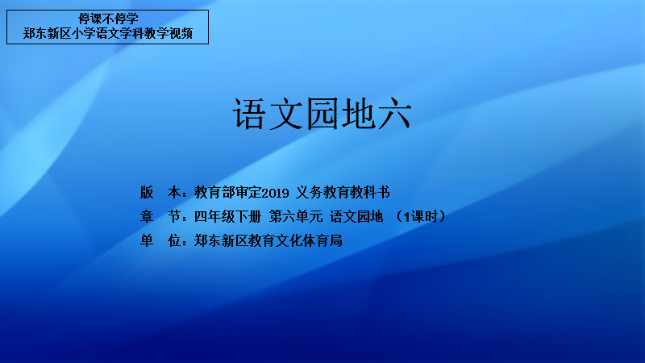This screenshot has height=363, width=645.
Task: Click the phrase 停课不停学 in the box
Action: click(108, 19)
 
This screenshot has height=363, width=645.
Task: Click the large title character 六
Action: click(395, 114)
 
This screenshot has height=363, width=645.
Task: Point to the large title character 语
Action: click(248, 114)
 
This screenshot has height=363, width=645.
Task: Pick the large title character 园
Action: click(322, 114)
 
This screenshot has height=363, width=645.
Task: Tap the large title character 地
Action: click(358, 114)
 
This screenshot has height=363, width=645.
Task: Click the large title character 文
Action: click(286, 114)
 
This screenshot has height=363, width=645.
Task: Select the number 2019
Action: click(275, 193)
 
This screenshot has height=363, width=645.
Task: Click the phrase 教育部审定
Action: click(228, 192)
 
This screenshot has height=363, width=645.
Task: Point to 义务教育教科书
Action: click(343, 192)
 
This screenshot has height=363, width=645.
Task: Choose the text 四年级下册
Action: click(227, 216)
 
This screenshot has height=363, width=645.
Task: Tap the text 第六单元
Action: click(296, 216)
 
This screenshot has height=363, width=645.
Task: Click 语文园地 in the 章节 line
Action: click(356, 216)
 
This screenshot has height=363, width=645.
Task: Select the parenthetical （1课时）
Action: click(420, 216)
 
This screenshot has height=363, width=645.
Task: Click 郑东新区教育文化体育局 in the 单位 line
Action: click(268, 240)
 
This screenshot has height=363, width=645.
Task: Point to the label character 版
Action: click(147, 192)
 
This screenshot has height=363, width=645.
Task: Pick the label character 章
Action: click(147, 216)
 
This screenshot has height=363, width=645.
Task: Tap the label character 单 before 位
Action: click(147, 240)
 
